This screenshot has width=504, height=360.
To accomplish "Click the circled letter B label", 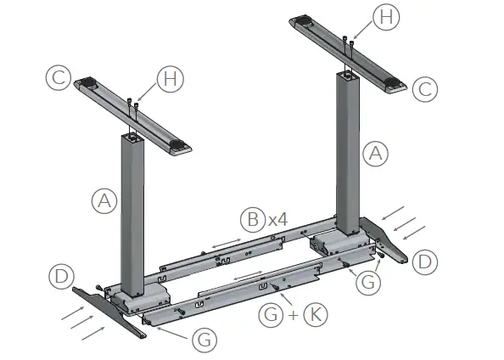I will click(252, 220).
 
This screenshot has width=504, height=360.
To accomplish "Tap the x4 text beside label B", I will click(277, 220).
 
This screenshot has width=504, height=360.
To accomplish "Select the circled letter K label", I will click(314, 316).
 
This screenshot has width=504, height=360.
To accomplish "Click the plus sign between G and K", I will click(293, 316).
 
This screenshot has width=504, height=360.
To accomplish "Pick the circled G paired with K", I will click(271, 316).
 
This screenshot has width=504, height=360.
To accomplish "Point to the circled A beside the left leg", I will click(103, 201).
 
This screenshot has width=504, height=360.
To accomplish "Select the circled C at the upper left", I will click(58, 79).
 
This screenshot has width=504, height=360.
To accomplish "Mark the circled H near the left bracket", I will click(169, 80).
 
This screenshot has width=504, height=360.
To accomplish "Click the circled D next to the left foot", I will click(59, 276).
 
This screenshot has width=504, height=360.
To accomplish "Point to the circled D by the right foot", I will click(424, 262).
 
